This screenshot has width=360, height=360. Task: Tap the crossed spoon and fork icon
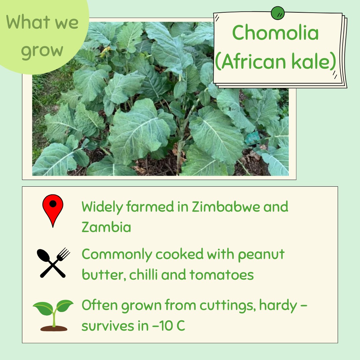(53, 263)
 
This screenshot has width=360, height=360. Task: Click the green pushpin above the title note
(277, 13)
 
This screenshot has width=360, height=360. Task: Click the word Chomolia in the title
(275, 33)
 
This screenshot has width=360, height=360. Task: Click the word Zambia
(106, 227)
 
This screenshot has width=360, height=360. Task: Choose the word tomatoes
(222, 275)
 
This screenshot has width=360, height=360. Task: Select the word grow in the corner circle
(42, 50)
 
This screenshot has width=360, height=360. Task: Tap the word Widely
(102, 207)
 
